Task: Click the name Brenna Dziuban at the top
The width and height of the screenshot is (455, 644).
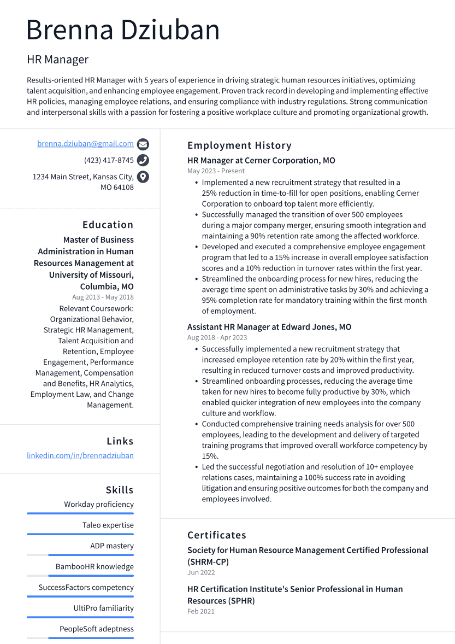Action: (123, 30)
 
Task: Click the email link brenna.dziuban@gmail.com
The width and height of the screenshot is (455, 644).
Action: (85, 144)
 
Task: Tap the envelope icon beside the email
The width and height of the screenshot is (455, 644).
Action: (143, 144)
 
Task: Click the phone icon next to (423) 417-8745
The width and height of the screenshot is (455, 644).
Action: (143, 160)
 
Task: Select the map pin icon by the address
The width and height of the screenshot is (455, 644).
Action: (143, 177)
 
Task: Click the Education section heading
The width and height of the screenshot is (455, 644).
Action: (108, 225)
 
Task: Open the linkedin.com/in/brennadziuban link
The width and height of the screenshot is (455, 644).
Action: (80, 455)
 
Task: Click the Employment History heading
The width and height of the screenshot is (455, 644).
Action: (239, 145)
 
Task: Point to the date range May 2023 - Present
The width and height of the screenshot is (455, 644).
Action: (216, 171)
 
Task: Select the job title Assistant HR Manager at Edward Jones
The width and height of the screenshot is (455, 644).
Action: (269, 327)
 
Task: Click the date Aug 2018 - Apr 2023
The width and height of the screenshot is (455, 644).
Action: (217, 338)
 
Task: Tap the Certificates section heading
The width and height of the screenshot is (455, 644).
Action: (216, 535)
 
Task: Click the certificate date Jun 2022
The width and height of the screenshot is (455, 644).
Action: (201, 572)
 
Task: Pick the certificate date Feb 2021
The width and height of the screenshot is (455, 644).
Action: (201, 611)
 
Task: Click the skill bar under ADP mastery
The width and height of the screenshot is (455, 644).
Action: (80, 555)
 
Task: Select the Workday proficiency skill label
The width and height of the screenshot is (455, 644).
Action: (99, 505)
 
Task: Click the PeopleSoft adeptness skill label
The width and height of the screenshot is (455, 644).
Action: (97, 629)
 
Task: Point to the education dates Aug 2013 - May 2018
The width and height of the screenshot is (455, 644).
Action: (103, 297)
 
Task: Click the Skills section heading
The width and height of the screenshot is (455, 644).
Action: (120, 490)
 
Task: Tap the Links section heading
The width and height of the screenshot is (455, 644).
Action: (120, 441)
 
